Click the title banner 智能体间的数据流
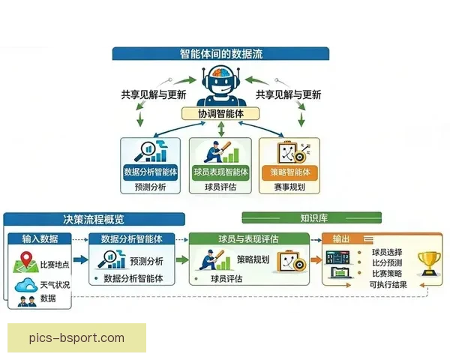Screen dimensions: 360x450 [221, 53]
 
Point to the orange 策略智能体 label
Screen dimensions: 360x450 [289, 172]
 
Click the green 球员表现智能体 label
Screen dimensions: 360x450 [220, 172]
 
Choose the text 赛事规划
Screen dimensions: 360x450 [289, 187]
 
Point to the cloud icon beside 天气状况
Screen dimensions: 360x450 [25, 286]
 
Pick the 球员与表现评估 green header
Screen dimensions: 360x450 [248, 239]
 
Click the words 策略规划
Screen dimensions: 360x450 [252, 259]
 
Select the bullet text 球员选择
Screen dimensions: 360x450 [386, 253]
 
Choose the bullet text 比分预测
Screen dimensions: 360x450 [386, 263]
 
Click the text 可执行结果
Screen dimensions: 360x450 [388, 285]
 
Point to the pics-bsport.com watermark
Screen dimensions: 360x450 [77, 337]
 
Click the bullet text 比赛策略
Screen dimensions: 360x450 [386, 274]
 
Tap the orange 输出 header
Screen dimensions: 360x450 [342, 239]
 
